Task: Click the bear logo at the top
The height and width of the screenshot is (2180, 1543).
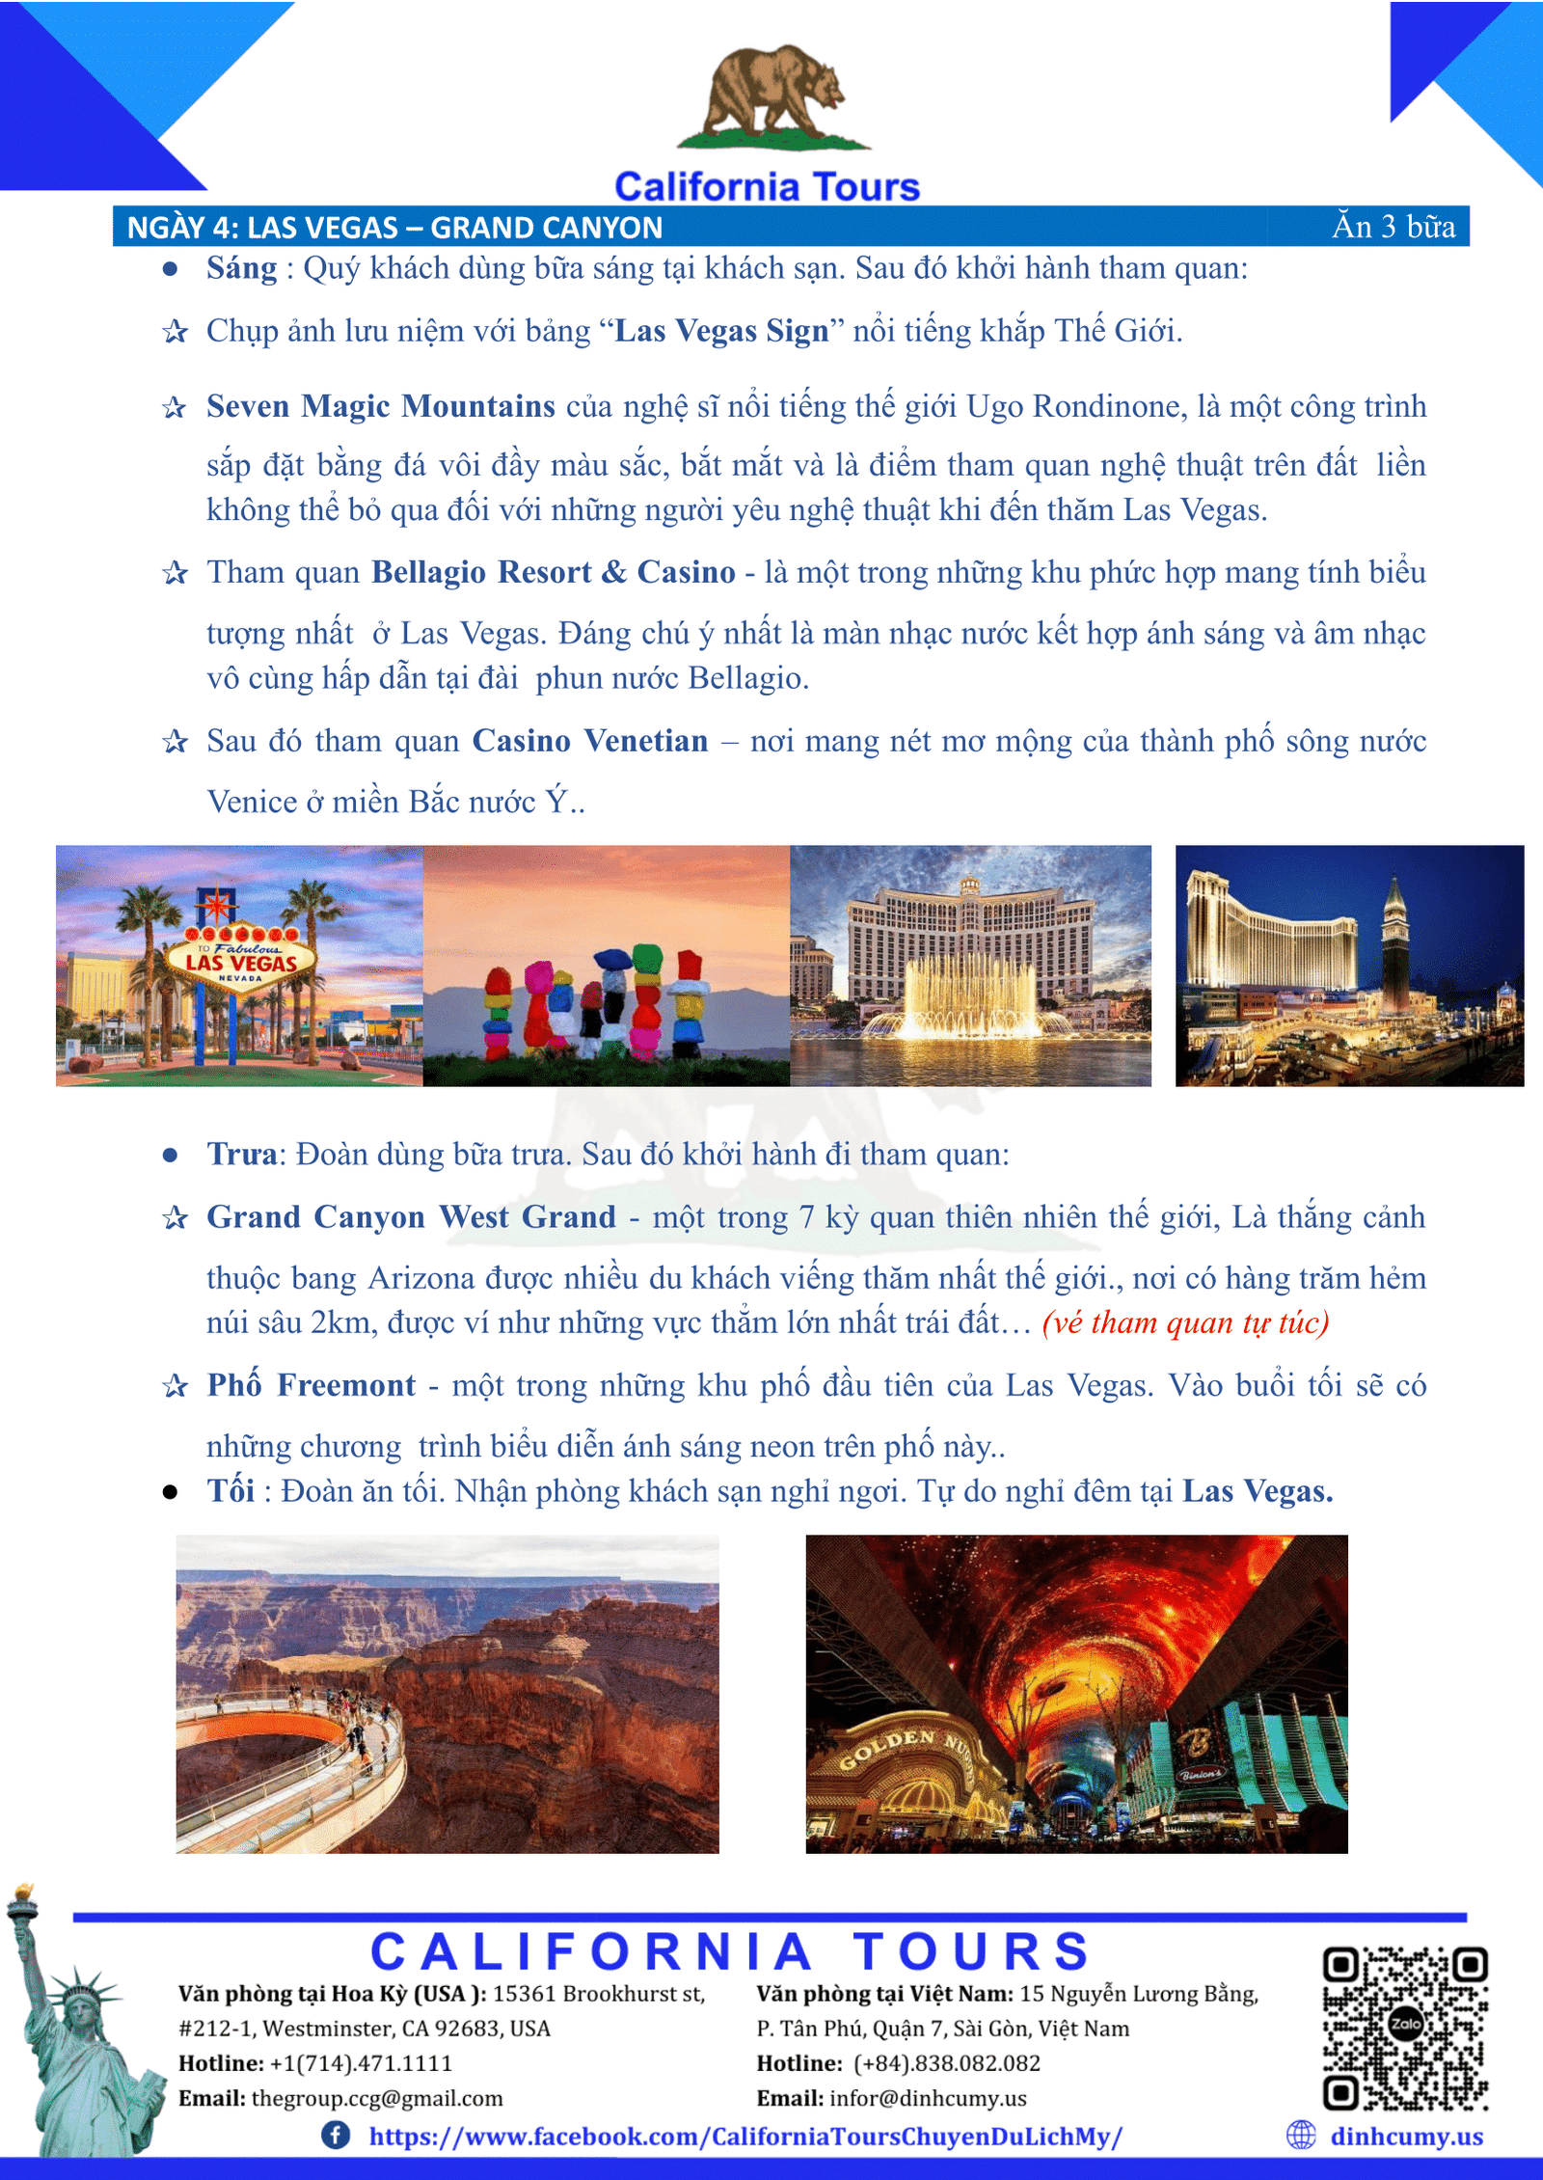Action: pos(774,96)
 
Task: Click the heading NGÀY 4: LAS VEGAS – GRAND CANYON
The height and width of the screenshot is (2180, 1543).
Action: pos(394,228)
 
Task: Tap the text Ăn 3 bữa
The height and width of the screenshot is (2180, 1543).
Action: pos(1394,227)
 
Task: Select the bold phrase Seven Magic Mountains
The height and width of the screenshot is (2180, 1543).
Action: pos(380,406)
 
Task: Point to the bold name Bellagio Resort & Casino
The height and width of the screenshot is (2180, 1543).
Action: pos(553,572)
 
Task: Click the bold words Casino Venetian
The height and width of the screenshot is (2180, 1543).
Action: pos(589,741)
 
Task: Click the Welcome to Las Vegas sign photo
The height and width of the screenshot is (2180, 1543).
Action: pos(239,965)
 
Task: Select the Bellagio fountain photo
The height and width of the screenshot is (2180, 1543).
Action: pos(970,965)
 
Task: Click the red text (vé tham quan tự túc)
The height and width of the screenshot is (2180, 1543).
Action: pos(1185,1322)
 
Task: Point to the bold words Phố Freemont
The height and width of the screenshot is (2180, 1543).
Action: pos(311,1385)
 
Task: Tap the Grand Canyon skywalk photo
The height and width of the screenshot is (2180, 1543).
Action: pos(447,1694)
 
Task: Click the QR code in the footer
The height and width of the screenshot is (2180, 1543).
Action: pos(1405,2029)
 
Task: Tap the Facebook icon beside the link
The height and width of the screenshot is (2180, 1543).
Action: pos(336,2135)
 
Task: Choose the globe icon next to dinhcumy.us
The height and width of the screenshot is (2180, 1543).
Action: pos(1301,2135)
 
